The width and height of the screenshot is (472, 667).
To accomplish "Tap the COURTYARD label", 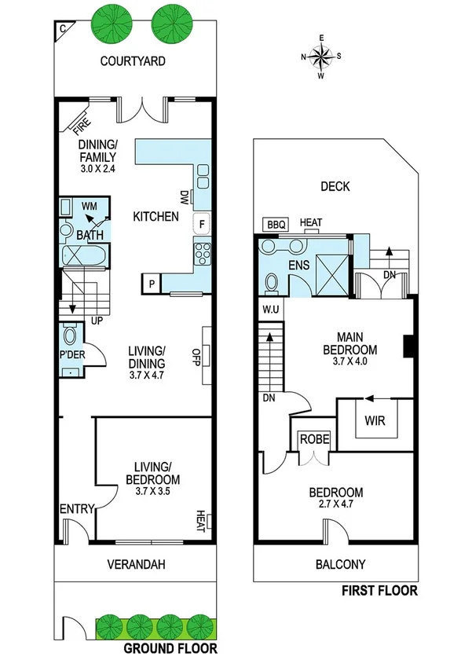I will coord(133,61).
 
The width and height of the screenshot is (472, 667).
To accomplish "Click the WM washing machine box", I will coord(89,207).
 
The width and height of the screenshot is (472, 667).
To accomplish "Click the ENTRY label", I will coord(76,510).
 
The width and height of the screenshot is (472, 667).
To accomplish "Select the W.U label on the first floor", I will coord(271,308).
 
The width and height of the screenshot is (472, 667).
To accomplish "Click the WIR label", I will coord(375,420).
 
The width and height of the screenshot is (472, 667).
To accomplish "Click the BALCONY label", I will coord(340,564).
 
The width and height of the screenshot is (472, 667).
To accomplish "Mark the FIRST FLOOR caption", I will coord(379,591).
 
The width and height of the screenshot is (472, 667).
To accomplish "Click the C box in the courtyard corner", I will coord(62,29).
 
